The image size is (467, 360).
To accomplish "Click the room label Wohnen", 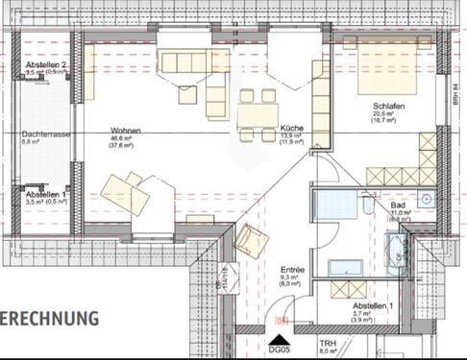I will pos(125,130).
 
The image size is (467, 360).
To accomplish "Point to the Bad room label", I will pos(398,204).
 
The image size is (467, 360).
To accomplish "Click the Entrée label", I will pos(292,271).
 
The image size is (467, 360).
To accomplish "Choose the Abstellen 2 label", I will pos(45,64).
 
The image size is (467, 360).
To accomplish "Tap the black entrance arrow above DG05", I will pos(280,339).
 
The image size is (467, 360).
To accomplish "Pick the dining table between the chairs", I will pos(258,115).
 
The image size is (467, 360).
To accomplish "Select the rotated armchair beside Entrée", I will pos(252,239).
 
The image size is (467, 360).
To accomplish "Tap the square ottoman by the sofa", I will pos(186,94).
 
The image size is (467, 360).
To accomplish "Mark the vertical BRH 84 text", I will pos(457,91).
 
